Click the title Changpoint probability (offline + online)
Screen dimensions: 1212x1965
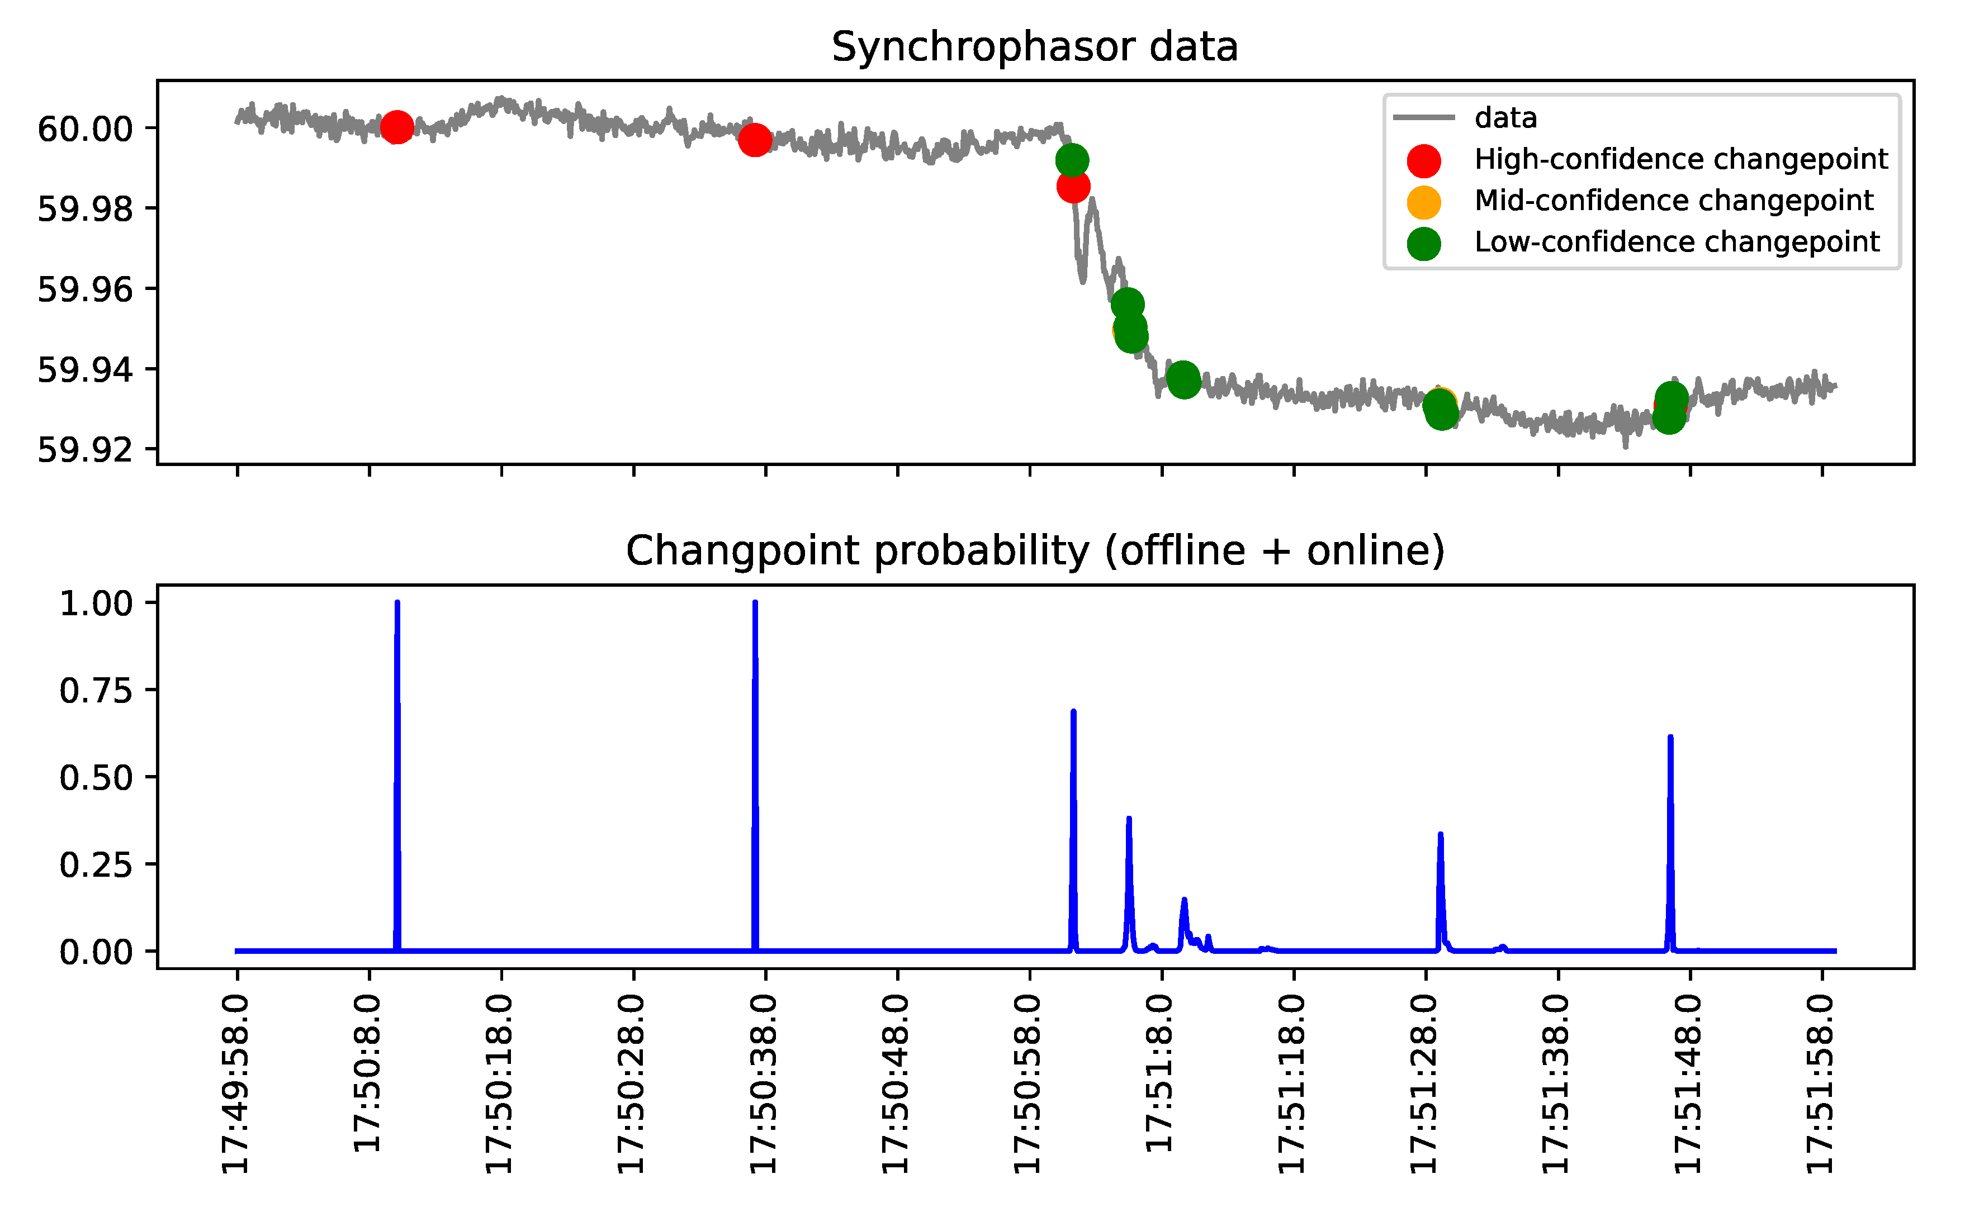click(x=1034, y=552)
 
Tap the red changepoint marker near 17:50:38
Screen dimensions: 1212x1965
click(x=754, y=140)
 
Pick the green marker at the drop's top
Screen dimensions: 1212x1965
click(x=1072, y=160)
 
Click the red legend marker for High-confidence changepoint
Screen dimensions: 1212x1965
click(x=1423, y=160)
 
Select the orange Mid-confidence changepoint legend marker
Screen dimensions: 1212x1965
click(x=1423, y=201)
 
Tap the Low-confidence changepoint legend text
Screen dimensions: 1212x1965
click(x=1677, y=242)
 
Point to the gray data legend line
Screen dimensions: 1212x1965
click(x=1423, y=118)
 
